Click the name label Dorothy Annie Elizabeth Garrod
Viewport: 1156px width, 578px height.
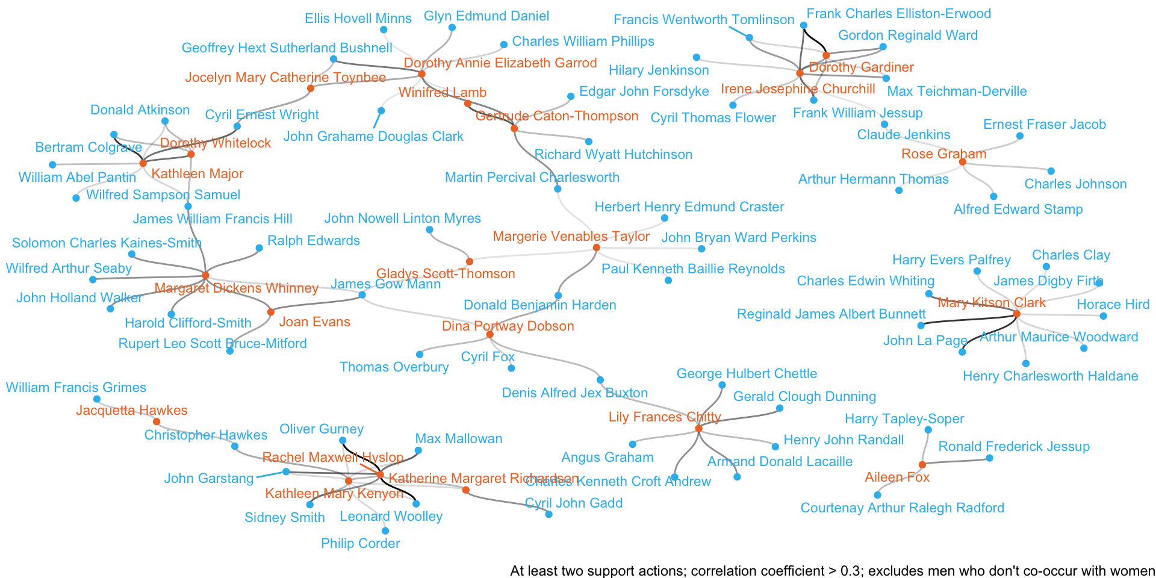pyautogui.click(x=500, y=63)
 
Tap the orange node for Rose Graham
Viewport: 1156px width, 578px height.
pyautogui.click(x=962, y=161)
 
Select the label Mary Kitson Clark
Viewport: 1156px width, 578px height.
pyautogui.click(x=992, y=302)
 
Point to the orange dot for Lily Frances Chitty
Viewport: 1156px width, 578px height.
pyautogui.click(x=698, y=429)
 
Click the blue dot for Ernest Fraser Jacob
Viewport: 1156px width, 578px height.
pyautogui.click(x=1020, y=136)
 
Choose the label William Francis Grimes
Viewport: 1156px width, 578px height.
pyautogui.click(x=76, y=387)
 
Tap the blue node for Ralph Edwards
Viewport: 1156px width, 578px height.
pyautogui.click(x=259, y=248)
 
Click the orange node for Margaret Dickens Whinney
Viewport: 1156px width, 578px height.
pyautogui.click(x=205, y=275)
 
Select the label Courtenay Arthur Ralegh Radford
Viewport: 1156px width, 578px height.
pyautogui.click(x=902, y=508)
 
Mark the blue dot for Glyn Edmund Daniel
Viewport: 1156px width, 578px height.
pyautogui.click(x=452, y=27)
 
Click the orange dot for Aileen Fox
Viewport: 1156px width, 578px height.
pyautogui.click(x=922, y=464)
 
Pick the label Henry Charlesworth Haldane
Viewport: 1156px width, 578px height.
pyautogui.click(x=1050, y=376)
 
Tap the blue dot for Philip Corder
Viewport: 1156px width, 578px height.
pyautogui.click(x=385, y=531)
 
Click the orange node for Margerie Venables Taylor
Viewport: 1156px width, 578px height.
pyautogui.click(x=597, y=247)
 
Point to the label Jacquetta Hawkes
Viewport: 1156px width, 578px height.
pyautogui.click(x=132, y=411)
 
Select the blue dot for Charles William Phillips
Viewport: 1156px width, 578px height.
pyautogui.click(x=504, y=45)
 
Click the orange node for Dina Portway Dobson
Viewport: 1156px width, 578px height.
pyautogui.click(x=489, y=334)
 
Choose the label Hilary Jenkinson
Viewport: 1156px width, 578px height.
pyautogui.click(x=659, y=70)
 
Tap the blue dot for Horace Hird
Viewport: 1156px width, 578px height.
pyautogui.click(x=1104, y=316)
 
